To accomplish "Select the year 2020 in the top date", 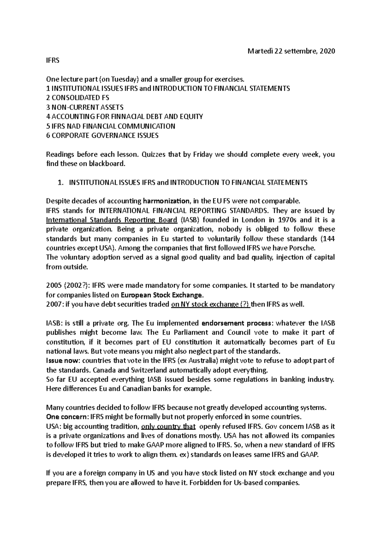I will click(327, 51).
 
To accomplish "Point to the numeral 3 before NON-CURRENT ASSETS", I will click(48, 107).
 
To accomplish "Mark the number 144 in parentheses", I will click(329, 239).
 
